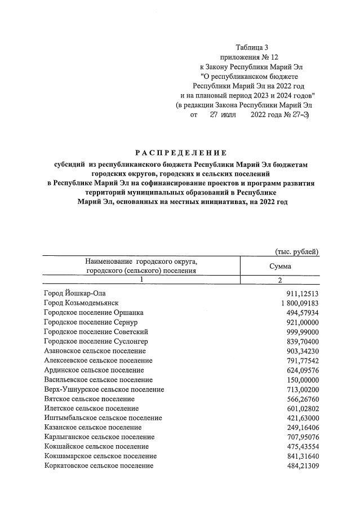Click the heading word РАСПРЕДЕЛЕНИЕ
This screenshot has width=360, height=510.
pos(180,153)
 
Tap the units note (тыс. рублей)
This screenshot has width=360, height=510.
pos(296,251)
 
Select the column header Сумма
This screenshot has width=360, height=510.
pos(280,266)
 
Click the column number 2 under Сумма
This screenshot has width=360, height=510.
pos(280,280)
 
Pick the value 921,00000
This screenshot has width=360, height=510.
pos(303,322)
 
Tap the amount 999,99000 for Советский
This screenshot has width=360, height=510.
pos(303,331)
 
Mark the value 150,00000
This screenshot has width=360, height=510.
pos(303,379)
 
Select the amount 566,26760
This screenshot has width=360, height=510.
pos(303,398)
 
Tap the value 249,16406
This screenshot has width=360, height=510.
pos(303,427)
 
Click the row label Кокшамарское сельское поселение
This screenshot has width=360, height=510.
pos(100,456)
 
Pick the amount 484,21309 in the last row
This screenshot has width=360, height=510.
pos(303,465)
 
